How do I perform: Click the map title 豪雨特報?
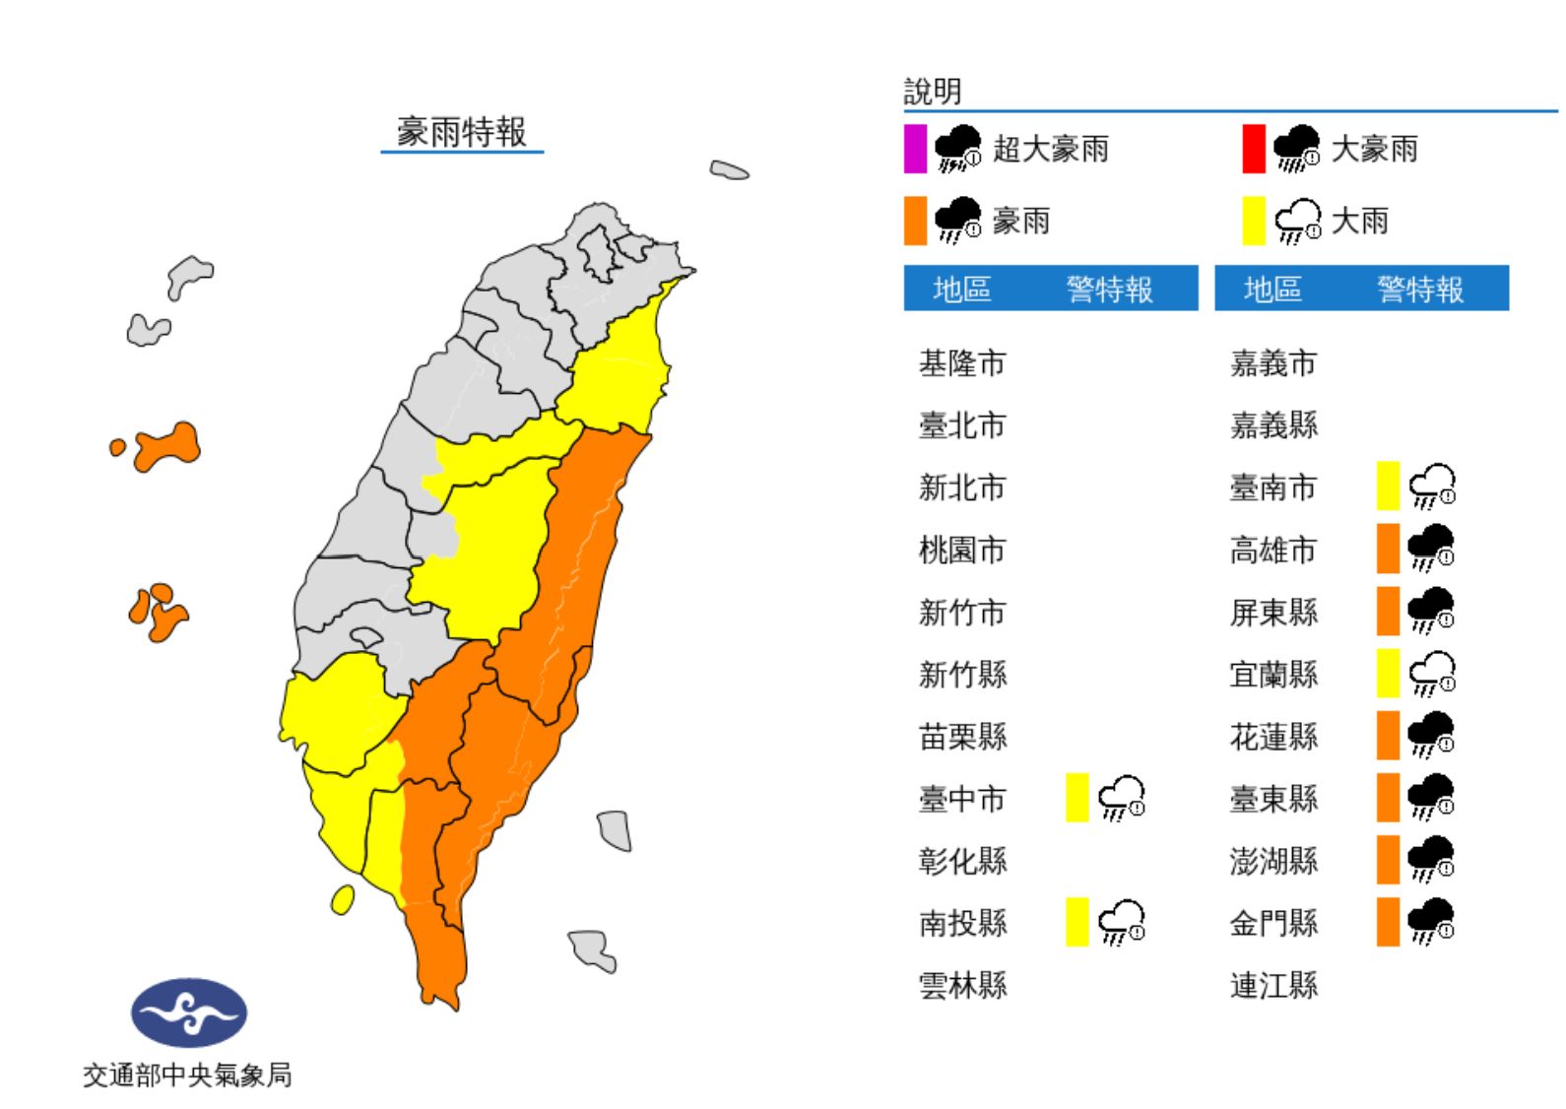point(462,132)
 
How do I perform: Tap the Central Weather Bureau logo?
point(189,1011)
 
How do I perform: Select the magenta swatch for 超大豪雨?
point(915,149)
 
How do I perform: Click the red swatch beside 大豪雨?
point(1253,149)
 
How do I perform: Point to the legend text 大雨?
point(1359,221)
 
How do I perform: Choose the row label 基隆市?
point(962,363)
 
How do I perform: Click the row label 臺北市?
point(962,425)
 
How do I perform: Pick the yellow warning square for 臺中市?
point(1077,798)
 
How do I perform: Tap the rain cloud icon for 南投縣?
point(1122,923)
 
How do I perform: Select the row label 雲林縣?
point(962,985)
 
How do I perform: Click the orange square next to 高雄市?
point(1388,549)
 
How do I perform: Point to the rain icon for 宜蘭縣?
point(1432,674)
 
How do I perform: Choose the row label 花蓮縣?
point(1273,736)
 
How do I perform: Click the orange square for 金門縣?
point(1388,922)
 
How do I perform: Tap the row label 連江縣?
point(1273,985)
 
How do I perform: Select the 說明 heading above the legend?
point(933,92)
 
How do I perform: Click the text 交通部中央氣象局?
point(187,1075)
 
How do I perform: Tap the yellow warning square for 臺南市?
point(1388,487)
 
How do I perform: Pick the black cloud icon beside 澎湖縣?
point(1432,860)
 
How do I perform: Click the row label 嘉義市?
point(1273,363)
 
